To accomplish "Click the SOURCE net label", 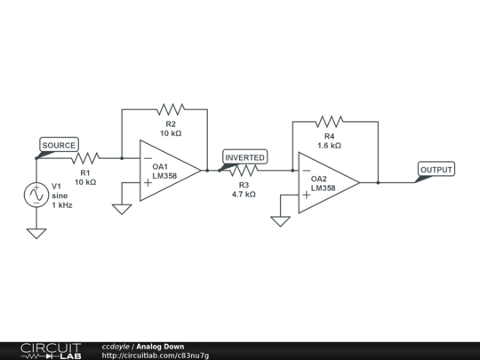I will pyautogui.click(x=60, y=145).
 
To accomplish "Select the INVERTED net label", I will pyautogui.click(x=244, y=157).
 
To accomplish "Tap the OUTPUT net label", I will pyautogui.click(x=436, y=170).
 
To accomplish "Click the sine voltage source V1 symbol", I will pyautogui.click(x=36, y=194).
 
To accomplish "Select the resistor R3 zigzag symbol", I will pyautogui.click(x=243, y=171).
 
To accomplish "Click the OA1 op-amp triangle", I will pyautogui.click(x=169, y=170).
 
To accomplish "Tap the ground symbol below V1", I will pyautogui.click(x=36, y=234).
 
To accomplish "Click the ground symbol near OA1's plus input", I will pyautogui.click(x=122, y=210).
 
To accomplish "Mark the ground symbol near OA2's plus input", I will pyautogui.click(x=280, y=220).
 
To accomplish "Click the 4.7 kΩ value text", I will pyautogui.click(x=244, y=194).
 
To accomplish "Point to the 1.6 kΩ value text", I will pyautogui.click(x=329, y=145).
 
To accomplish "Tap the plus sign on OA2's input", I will pyautogui.click(x=305, y=194).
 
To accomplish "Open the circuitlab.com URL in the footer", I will pyautogui.click(x=156, y=356).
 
